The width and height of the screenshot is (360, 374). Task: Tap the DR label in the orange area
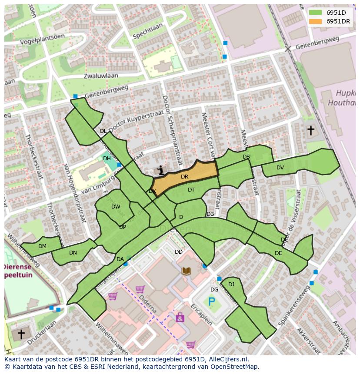click(184, 176)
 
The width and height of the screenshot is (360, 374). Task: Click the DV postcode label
click(280, 168)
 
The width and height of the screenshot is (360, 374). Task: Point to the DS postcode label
click(246, 157)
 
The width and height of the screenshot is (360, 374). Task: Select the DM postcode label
click(42, 246)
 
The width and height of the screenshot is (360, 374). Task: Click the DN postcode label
click(73, 252)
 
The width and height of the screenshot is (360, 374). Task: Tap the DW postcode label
click(116, 207)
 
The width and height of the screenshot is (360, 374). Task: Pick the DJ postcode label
click(231, 285)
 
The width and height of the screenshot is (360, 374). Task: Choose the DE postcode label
click(278, 253)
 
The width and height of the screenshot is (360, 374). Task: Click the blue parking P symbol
click(212, 301)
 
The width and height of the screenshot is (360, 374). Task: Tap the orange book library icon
click(186, 271)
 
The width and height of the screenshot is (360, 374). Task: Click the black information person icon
click(161, 171)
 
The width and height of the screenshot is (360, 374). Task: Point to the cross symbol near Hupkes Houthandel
click(310, 130)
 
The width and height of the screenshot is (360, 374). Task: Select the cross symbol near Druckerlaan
click(20, 334)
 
